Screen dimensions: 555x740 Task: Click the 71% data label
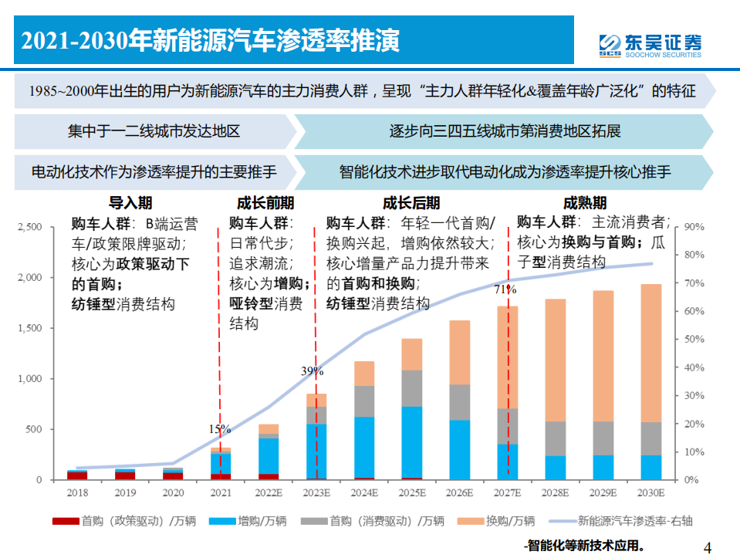[x=505, y=290]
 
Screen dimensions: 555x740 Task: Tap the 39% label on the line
[x=312, y=371]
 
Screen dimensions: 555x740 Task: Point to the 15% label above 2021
[x=219, y=428]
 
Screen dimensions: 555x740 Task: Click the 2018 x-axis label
[x=76, y=492]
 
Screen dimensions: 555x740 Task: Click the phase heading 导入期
[x=130, y=203]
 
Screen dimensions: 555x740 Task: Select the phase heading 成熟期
[x=584, y=203]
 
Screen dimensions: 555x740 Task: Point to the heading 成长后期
[x=411, y=203]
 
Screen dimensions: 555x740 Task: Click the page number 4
[x=708, y=547]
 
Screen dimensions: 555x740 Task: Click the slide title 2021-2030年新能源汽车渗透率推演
[x=210, y=41]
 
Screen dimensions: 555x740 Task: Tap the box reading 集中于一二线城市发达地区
[x=154, y=130]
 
